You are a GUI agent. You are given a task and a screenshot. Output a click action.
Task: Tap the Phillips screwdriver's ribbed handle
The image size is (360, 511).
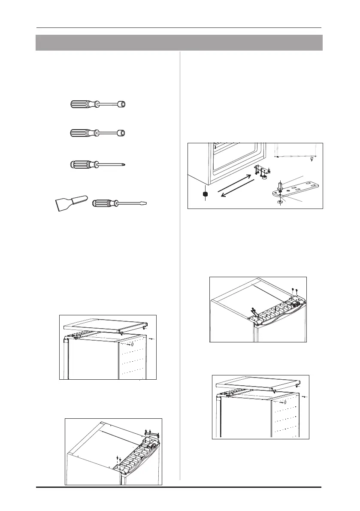[82, 165]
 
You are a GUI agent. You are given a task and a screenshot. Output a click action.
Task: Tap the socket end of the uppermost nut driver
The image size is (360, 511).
[125, 104]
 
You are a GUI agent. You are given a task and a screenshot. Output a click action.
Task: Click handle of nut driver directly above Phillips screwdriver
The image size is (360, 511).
[82, 133]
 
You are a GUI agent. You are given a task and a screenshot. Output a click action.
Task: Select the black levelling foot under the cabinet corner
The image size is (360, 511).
[205, 196]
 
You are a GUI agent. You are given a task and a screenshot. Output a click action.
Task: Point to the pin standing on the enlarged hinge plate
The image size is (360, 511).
[280, 186]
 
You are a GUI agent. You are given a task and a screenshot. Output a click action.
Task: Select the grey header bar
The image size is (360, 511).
[179, 43]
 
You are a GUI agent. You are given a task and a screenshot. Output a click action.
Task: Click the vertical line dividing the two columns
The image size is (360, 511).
[179, 257]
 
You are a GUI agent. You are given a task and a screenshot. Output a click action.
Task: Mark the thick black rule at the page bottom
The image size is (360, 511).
[179, 487]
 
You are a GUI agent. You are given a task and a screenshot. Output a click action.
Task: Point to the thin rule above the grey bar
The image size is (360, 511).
[179, 28]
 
